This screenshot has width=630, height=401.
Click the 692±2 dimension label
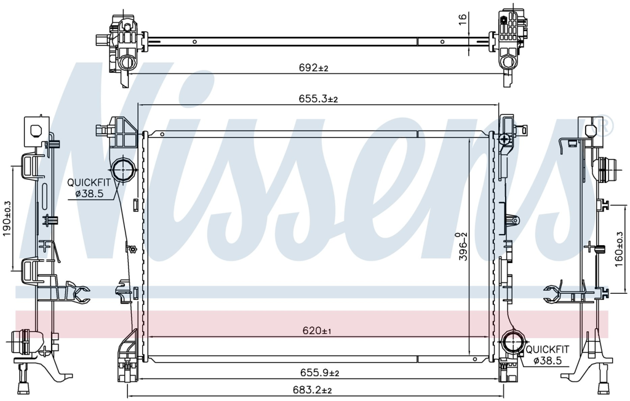(313, 68)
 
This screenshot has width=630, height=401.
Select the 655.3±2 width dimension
(318, 99)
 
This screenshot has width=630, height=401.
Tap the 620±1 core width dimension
(317, 331)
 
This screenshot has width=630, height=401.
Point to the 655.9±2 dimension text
(320, 373)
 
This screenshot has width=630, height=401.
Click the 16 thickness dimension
(463, 19)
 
